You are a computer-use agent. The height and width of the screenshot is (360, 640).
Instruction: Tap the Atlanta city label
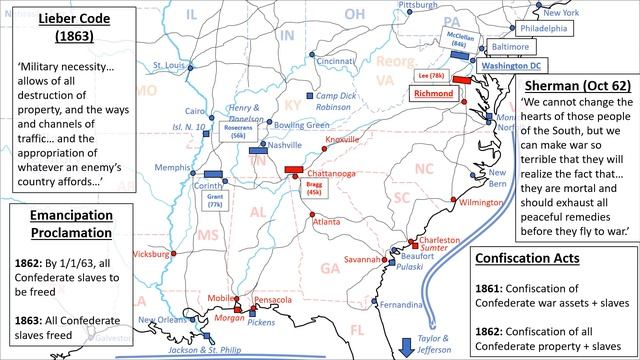point(326,222)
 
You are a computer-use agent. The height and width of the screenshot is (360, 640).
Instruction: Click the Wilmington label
point(482,202)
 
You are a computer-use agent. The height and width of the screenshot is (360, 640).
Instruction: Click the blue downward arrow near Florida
point(405,346)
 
